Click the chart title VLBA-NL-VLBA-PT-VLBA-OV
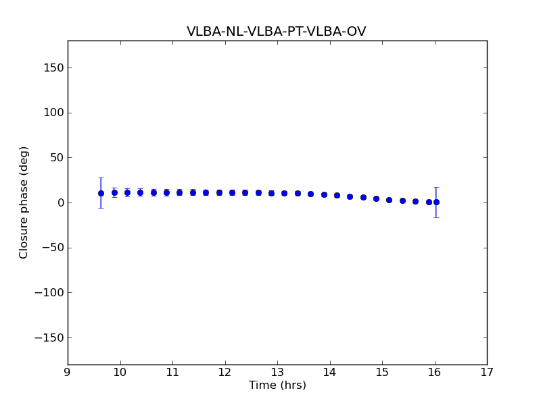pyautogui.click(x=277, y=32)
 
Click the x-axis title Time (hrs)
pyautogui.click(x=277, y=385)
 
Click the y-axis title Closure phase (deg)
pyautogui.click(x=24, y=202)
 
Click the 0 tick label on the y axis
pyautogui.click(x=60, y=202)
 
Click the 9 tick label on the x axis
pyautogui.click(x=68, y=372)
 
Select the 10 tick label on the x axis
pyautogui.click(x=120, y=372)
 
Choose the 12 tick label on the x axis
pyautogui.click(x=225, y=372)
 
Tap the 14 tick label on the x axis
pyautogui.click(x=330, y=372)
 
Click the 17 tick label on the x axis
pyautogui.click(x=487, y=372)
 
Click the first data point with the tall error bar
pyautogui.click(x=101, y=193)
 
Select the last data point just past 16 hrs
pyautogui.click(x=436, y=202)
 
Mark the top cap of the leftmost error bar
pyautogui.click(x=101, y=178)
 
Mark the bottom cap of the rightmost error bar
pyautogui.click(x=436, y=217)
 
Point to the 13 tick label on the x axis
pyautogui.click(x=277, y=372)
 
